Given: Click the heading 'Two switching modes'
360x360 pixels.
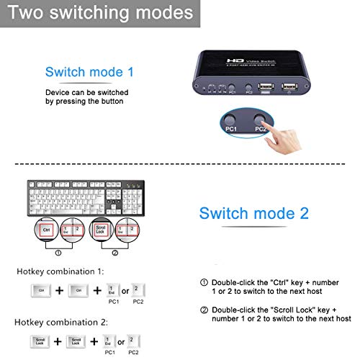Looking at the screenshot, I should click(x=101, y=13).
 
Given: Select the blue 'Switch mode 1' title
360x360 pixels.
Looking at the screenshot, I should click(x=89, y=72).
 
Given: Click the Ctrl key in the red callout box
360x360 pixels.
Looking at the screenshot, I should click(x=45, y=230).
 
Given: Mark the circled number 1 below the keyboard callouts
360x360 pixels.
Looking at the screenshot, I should click(x=58, y=252).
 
